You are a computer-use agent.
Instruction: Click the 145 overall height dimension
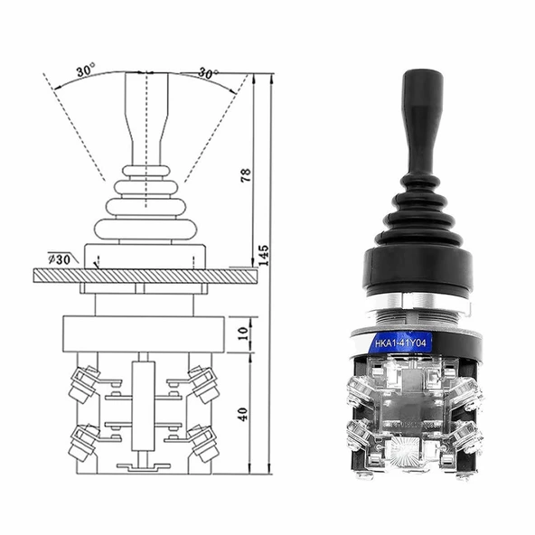coord(263,256)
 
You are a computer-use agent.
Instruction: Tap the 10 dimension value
coord(242,333)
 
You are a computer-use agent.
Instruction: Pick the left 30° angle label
coord(85,70)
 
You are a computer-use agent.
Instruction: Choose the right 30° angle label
coord(207,73)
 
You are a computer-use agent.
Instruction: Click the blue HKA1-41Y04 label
coord(403,343)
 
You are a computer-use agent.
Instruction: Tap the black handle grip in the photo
coord(422,117)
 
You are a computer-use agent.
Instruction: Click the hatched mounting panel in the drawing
coord(145,276)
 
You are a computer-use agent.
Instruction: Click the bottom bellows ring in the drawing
coord(145,230)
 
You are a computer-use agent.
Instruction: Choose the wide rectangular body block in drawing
coord(143,333)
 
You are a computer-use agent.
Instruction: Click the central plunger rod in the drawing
coord(143,407)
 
